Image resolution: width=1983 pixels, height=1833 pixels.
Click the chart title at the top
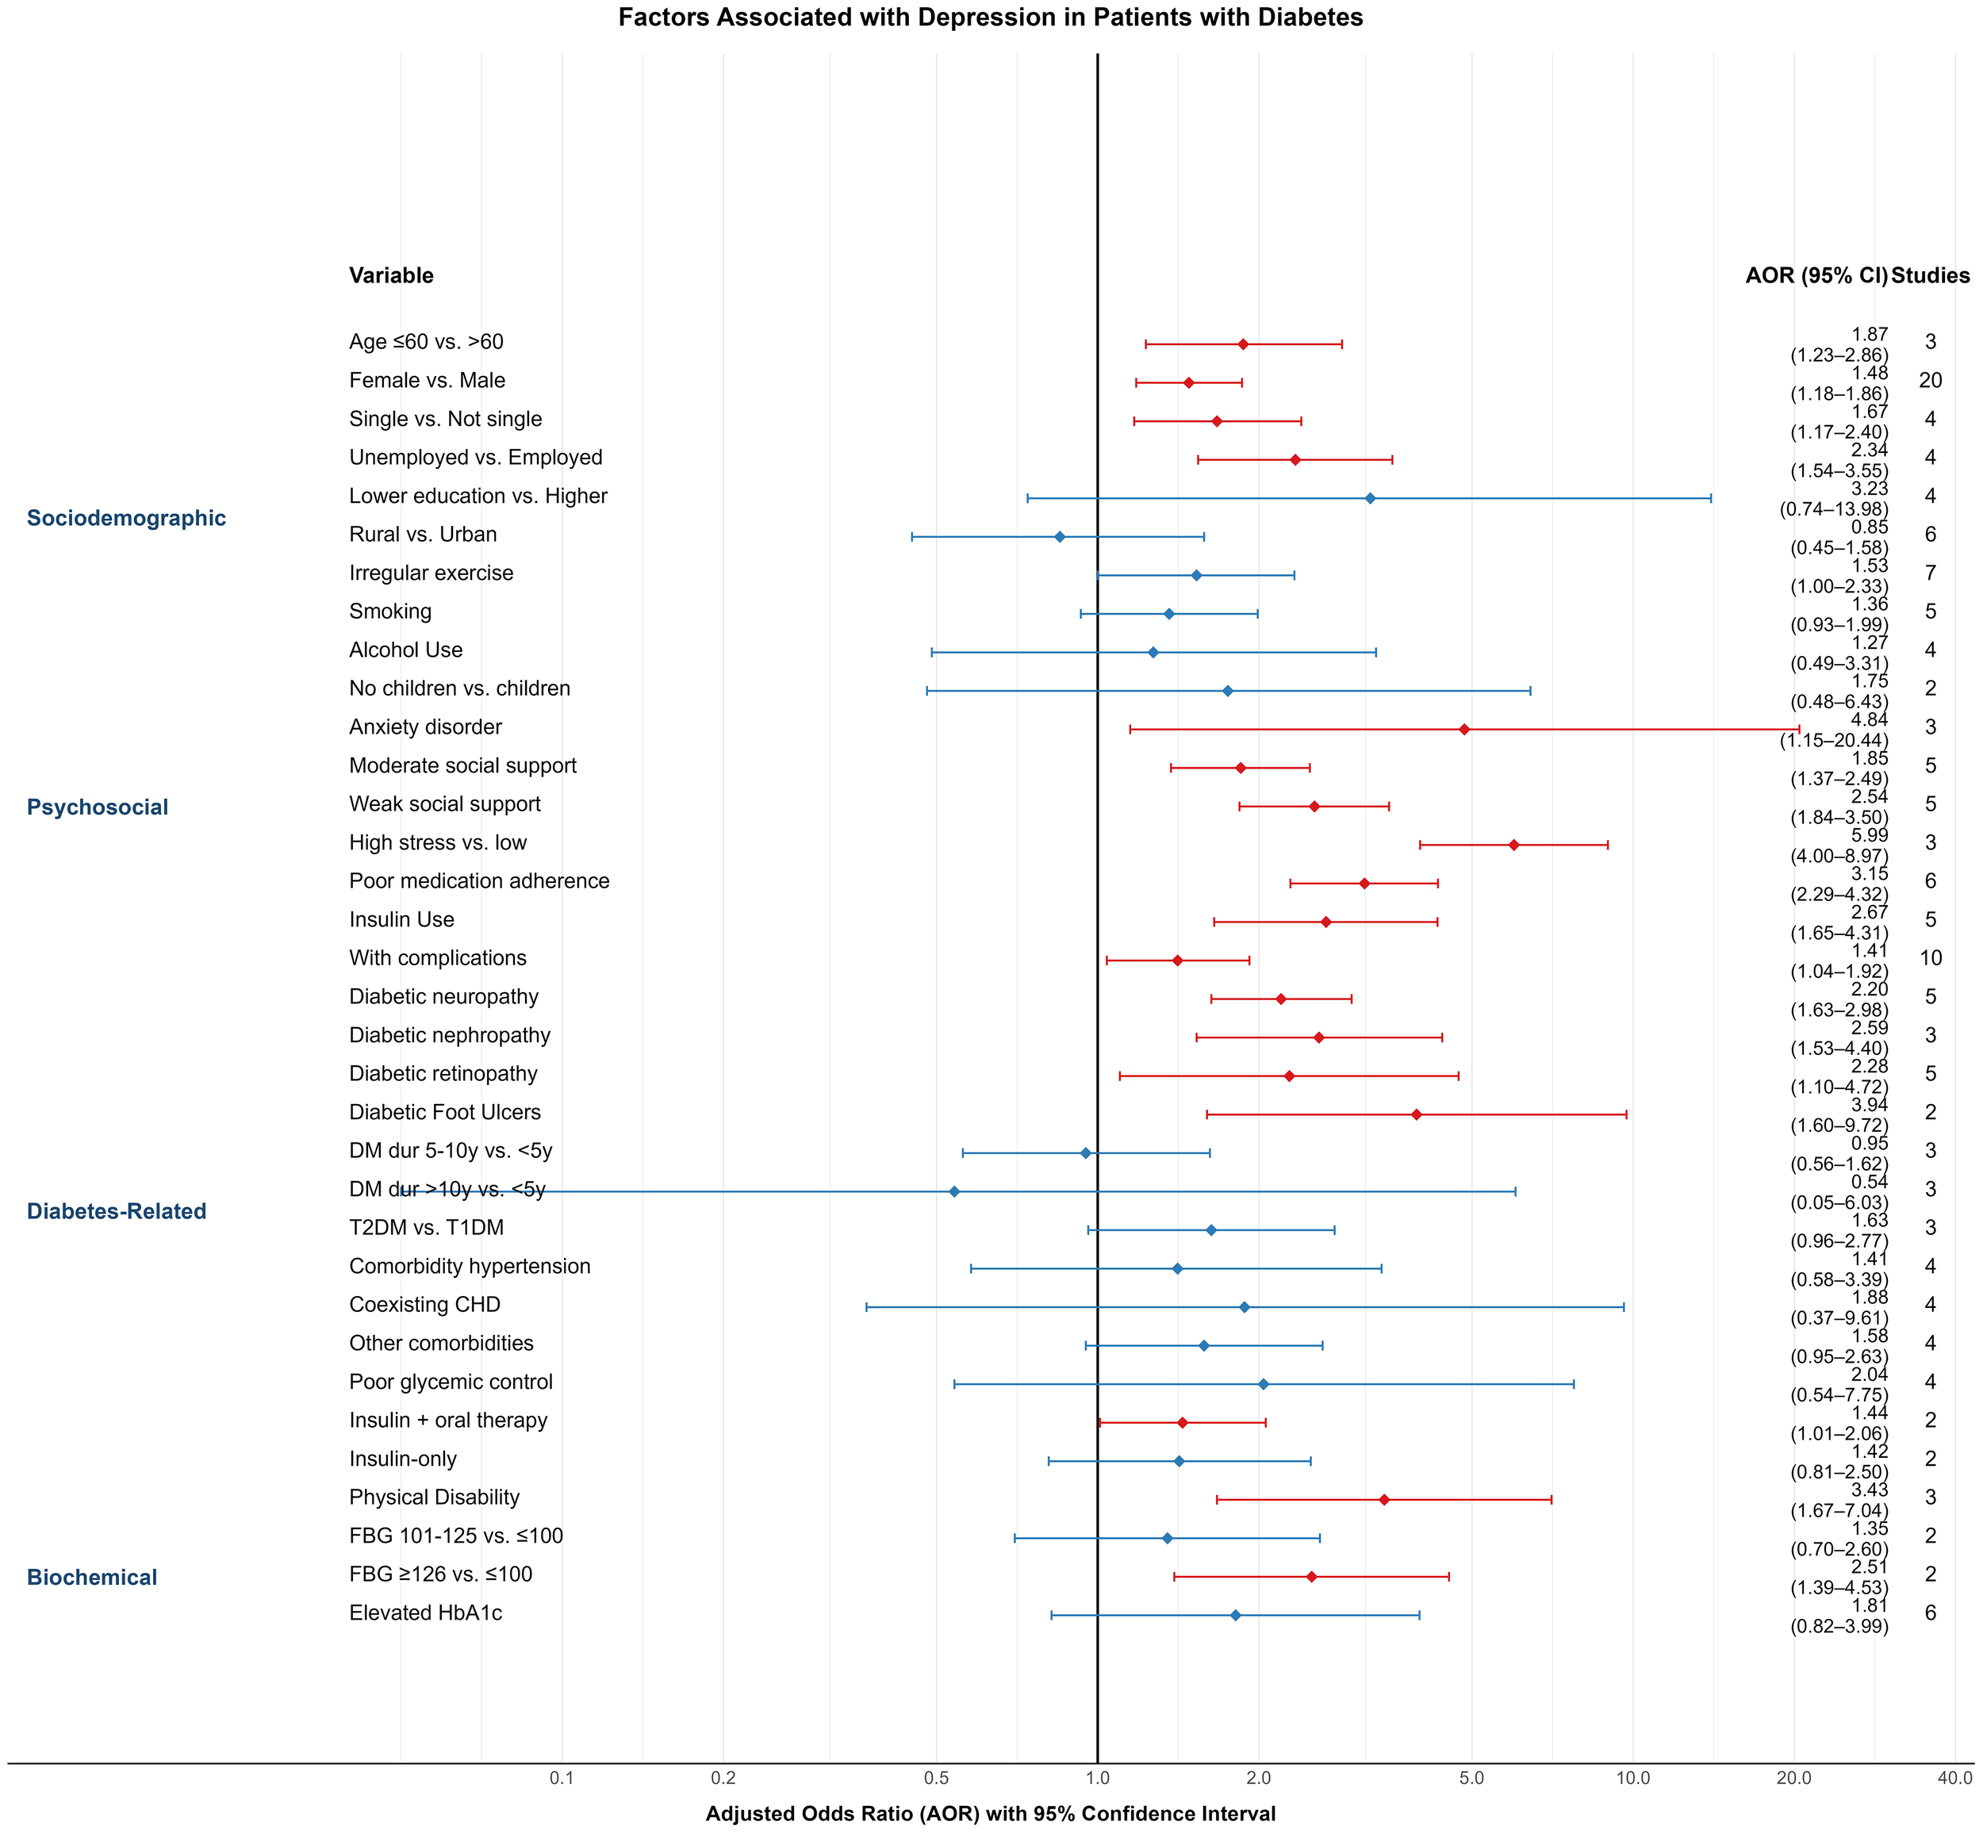pyautogui.click(x=990, y=18)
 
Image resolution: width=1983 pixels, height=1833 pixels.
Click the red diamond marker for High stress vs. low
pyautogui.click(x=1513, y=845)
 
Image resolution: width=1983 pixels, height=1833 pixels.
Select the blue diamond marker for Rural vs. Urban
pyautogui.click(x=1060, y=537)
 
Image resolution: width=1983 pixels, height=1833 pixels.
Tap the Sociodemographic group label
pyautogui.click(x=126, y=519)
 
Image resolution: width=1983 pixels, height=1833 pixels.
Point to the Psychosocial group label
pyautogui.click(x=98, y=807)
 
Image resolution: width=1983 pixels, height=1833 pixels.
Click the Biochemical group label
pyautogui.click(x=91, y=1577)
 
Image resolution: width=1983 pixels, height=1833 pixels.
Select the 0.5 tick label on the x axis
pyautogui.click(x=935, y=1777)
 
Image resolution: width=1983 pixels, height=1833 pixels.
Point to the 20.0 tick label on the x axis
pyautogui.click(x=1793, y=1777)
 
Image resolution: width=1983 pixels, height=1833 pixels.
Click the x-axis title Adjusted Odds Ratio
pyautogui.click(x=990, y=1814)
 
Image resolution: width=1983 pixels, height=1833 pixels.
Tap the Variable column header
pyautogui.click(x=391, y=276)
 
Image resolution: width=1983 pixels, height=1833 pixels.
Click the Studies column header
pyautogui.click(x=1931, y=276)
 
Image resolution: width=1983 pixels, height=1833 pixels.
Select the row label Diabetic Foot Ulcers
pyautogui.click(x=444, y=1113)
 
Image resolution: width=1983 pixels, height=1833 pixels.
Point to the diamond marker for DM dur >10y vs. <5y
pyautogui.click(x=954, y=1191)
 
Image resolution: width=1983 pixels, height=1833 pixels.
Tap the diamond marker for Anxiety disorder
pyautogui.click(x=1464, y=729)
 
